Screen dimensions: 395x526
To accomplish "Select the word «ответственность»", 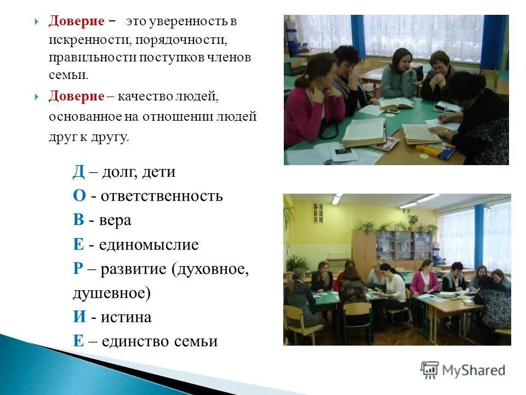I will point(161,196).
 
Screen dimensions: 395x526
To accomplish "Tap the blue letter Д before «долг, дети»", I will point(78,172).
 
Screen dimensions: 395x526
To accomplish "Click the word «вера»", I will point(115,220).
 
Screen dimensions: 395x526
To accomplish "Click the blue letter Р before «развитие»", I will point(78,269).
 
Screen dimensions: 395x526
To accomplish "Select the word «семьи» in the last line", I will point(196,341).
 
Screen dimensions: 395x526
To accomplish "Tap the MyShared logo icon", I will point(430,370).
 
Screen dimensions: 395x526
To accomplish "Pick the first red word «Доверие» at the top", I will point(77,21).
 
